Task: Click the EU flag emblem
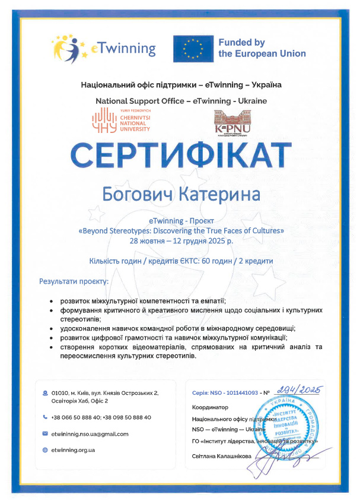[x=192, y=48]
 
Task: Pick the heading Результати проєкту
[x=74, y=281]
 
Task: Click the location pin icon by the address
[x=45, y=393]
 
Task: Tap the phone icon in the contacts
[x=45, y=417]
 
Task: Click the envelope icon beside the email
[x=45, y=434]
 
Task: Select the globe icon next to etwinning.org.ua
[x=45, y=450]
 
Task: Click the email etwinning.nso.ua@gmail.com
[x=90, y=434]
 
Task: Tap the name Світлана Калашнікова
[x=222, y=456]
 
